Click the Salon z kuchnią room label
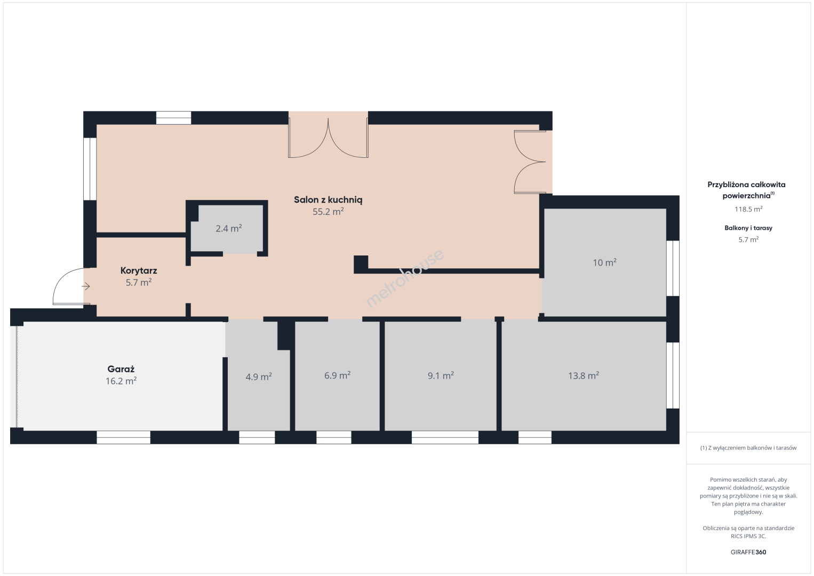[x=328, y=200]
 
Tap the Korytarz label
[x=139, y=271]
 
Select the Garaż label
[x=121, y=369]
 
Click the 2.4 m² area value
[x=229, y=229]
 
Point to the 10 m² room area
[x=605, y=262]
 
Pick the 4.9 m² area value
[x=259, y=377]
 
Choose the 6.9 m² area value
[x=337, y=375]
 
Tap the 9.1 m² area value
[x=441, y=375]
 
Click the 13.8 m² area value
[x=584, y=375]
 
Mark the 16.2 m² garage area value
[x=121, y=381]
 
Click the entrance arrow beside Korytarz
[x=86, y=287]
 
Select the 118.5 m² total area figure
[x=748, y=209]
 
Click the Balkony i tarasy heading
[x=748, y=228]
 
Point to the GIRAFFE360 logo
[x=748, y=552]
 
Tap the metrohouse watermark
[x=404, y=278]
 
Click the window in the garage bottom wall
[x=124, y=437]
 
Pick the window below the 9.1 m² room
[x=445, y=437]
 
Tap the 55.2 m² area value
[x=328, y=212]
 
